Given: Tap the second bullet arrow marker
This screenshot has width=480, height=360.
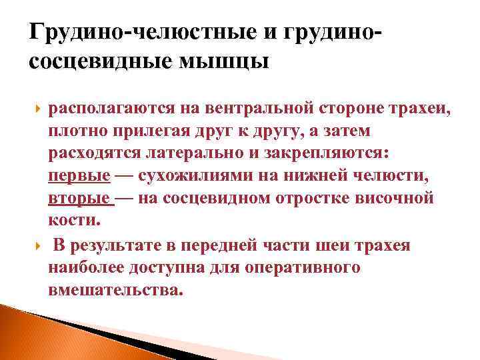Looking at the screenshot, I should [x=35, y=245].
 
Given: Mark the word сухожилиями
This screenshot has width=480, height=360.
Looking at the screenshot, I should [x=195, y=176].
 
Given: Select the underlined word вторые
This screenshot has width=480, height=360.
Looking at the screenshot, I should [x=79, y=199].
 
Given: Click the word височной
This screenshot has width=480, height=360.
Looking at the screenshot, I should [x=398, y=199].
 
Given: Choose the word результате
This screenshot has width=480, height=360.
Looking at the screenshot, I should [x=126, y=245].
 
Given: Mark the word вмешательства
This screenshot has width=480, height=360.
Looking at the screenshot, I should [x=114, y=291].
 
